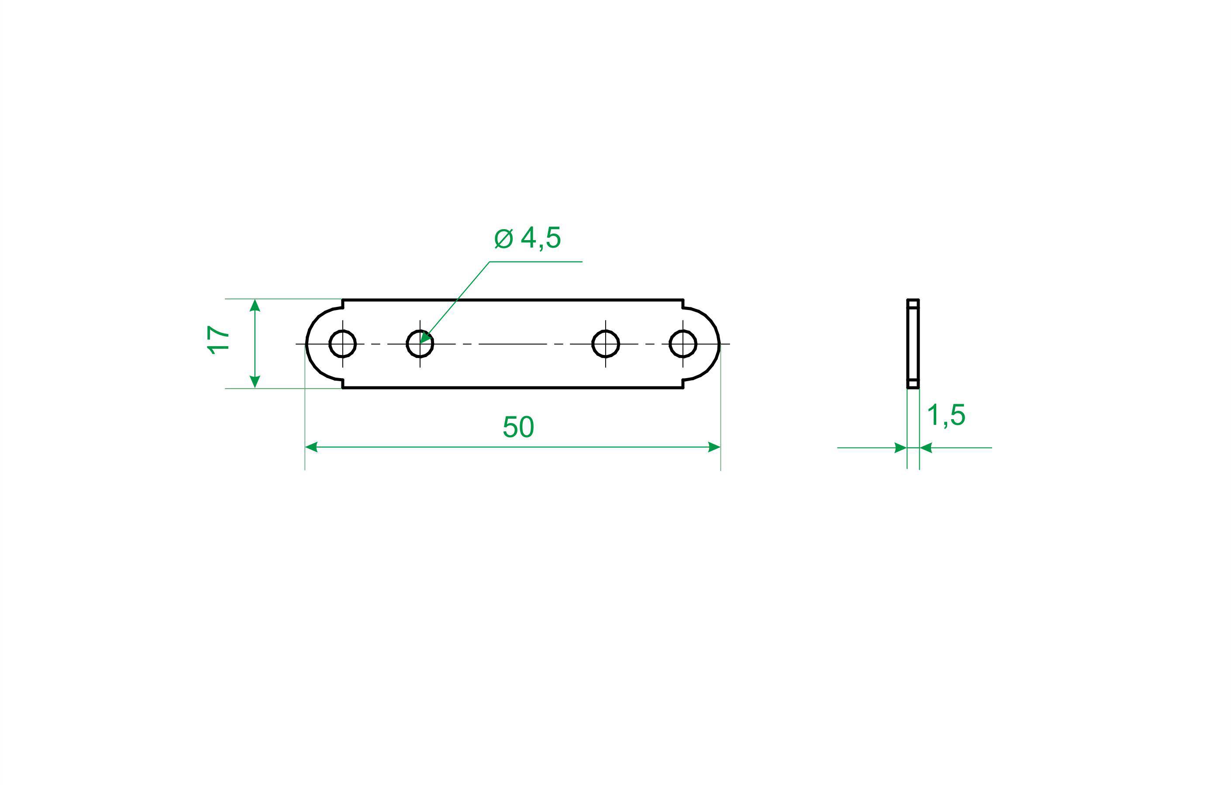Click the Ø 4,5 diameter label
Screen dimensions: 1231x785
tap(528, 238)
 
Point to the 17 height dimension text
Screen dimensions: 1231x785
tap(218, 339)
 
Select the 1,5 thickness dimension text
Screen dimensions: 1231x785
tap(946, 415)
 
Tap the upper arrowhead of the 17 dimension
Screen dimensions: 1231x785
tap(255, 306)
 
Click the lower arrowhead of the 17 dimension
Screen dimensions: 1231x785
tap(255, 382)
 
